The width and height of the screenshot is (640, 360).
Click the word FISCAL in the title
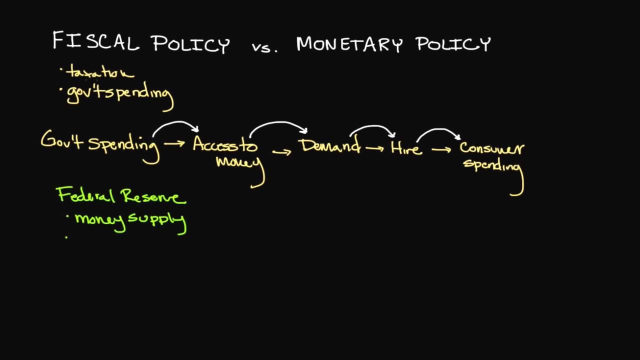[x=95, y=41]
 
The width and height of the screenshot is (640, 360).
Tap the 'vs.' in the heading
[x=264, y=45]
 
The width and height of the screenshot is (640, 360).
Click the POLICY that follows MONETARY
[x=453, y=44]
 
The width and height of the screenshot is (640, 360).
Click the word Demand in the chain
[x=330, y=146]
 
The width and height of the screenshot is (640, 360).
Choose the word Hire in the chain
[x=405, y=148]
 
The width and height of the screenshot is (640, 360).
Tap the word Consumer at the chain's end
[x=491, y=148]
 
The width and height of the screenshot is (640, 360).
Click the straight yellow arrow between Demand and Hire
[x=375, y=147]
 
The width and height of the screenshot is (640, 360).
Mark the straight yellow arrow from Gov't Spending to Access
[x=174, y=143]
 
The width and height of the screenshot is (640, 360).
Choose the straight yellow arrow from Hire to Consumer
[x=441, y=148]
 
